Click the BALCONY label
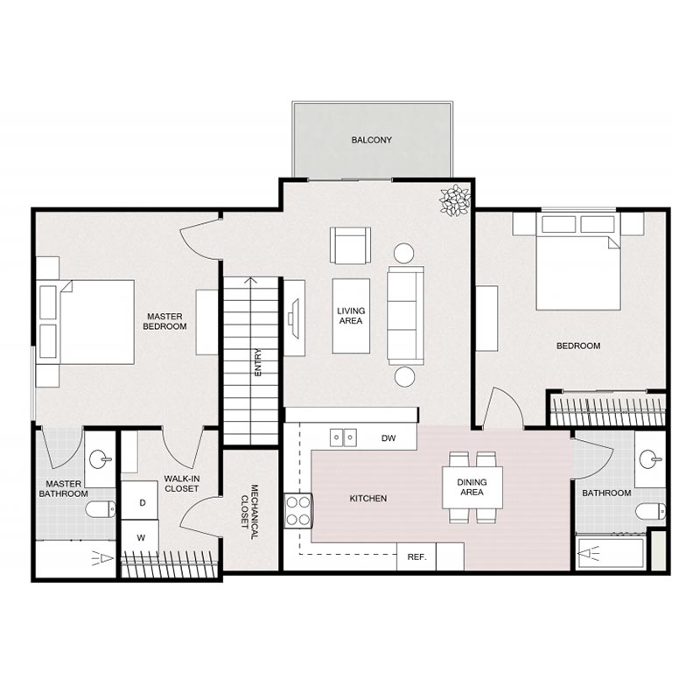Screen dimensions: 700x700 click(x=371, y=140)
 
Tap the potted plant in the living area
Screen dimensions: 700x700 click(x=454, y=200)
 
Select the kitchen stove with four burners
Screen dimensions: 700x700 click(x=298, y=510)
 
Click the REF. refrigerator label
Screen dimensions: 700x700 click(x=416, y=556)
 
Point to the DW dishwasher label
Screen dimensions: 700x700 click(x=389, y=437)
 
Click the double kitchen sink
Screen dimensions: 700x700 click(x=343, y=437)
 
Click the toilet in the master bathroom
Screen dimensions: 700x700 click(x=101, y=508)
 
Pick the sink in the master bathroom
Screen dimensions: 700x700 click(x=101, y=458)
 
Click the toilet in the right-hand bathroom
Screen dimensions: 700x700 click(x=649, y=511)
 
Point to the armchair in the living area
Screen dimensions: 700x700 click(x=350, y=245)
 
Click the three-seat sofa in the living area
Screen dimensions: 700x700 click(x=405, y=315)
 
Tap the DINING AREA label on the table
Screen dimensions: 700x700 click(x=472, y=486)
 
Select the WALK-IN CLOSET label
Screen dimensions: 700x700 click(x=181, y=483)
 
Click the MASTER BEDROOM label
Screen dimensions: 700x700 click(x=166, y=321)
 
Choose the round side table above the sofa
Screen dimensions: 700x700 click(x=403, y=254)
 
